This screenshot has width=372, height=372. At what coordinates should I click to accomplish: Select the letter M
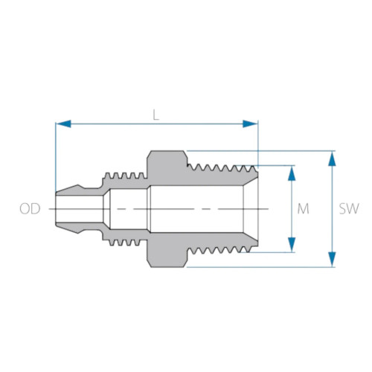click(303, 209)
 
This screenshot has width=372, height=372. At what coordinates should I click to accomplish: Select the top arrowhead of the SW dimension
click(331, 158)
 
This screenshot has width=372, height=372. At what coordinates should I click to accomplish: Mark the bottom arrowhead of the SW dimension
click(331, 260)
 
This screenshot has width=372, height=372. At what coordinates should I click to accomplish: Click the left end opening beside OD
click(57, 209)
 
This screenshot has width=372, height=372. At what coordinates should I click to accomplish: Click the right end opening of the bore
click(256, 209)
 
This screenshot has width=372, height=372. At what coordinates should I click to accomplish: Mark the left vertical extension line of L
click(55, 156)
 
